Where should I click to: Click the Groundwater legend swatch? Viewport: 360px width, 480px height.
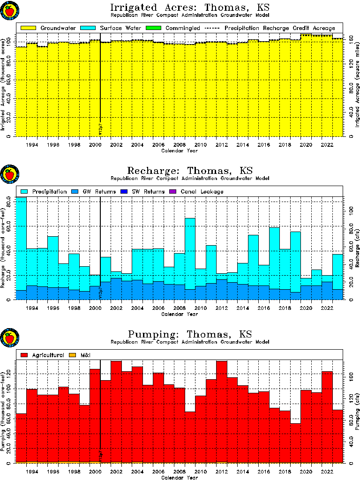pyautogui.click(x=29, y=28)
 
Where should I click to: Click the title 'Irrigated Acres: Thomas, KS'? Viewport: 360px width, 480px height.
pyautogui.click(x=190, y=8)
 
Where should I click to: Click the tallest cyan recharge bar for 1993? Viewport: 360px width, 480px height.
pyautogui.click(x=21, y=244)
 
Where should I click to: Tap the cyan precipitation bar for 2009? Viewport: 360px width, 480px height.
pyautogui.click(x=190, y=253)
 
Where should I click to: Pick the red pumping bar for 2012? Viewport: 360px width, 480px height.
pyautogui.click(x=222, y=412)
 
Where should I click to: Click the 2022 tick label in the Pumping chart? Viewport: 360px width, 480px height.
pyautogui.click(x=327, y=472)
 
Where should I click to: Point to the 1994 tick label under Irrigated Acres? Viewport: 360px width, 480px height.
pyautogui.click(x=32, y=145)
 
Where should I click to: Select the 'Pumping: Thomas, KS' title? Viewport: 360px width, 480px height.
pyautogui.click(x=190, y=335)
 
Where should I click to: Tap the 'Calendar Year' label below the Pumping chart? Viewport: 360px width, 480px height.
pyautogui.click(x=179, y=478)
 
